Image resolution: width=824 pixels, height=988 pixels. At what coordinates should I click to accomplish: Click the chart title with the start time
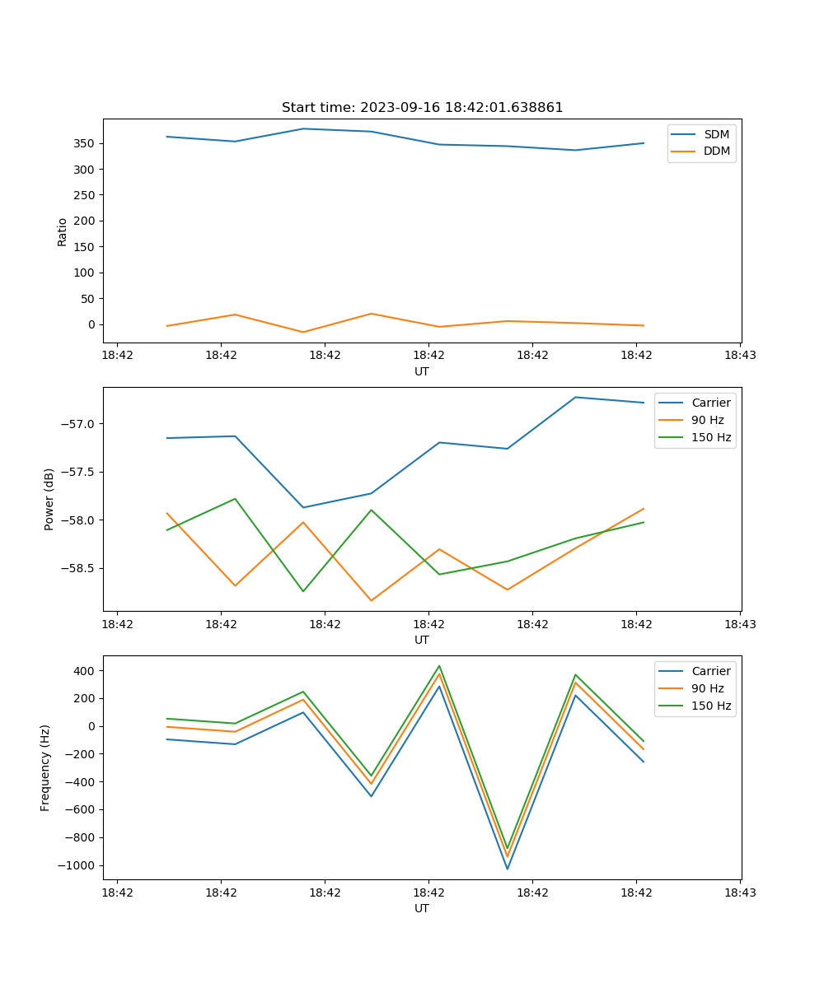(x=422, y=108)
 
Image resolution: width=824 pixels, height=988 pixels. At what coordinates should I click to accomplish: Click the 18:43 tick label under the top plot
(x=739, y=356)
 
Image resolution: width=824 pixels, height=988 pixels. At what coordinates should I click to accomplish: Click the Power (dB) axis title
(x=49, y=499)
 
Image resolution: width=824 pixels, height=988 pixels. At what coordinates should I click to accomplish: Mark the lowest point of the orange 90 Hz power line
(x=371, y=600)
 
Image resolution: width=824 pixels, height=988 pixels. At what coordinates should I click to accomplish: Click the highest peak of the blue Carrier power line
(x=575, y=397)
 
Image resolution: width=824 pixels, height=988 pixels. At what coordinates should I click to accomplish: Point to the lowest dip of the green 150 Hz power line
(x=303, y=591)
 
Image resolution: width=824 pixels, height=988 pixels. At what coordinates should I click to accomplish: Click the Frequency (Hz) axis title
(x=46, y=767)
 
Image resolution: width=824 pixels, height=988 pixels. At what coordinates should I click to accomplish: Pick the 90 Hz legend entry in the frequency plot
(x=707, y=688)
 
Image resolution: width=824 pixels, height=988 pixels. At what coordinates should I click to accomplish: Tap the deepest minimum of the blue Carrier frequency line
(x=507, y=869)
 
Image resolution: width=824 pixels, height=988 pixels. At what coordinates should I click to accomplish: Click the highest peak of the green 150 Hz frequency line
(x=439, y=666)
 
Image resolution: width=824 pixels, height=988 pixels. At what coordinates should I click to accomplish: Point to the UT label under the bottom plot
(x=422, y=908)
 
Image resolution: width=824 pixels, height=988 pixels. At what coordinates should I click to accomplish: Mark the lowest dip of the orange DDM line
(x=303, y=332)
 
